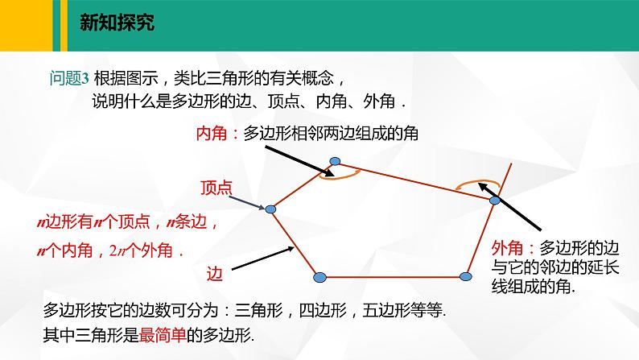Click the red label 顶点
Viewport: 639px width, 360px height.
(x=216, y=188)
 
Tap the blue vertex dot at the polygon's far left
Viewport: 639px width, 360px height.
(x=271, y=209)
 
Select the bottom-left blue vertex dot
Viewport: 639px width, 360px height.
(x=319, y=277)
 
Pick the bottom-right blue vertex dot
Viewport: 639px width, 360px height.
(x=465, y=276)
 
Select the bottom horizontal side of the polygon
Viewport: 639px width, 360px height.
(x=392, y=277)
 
